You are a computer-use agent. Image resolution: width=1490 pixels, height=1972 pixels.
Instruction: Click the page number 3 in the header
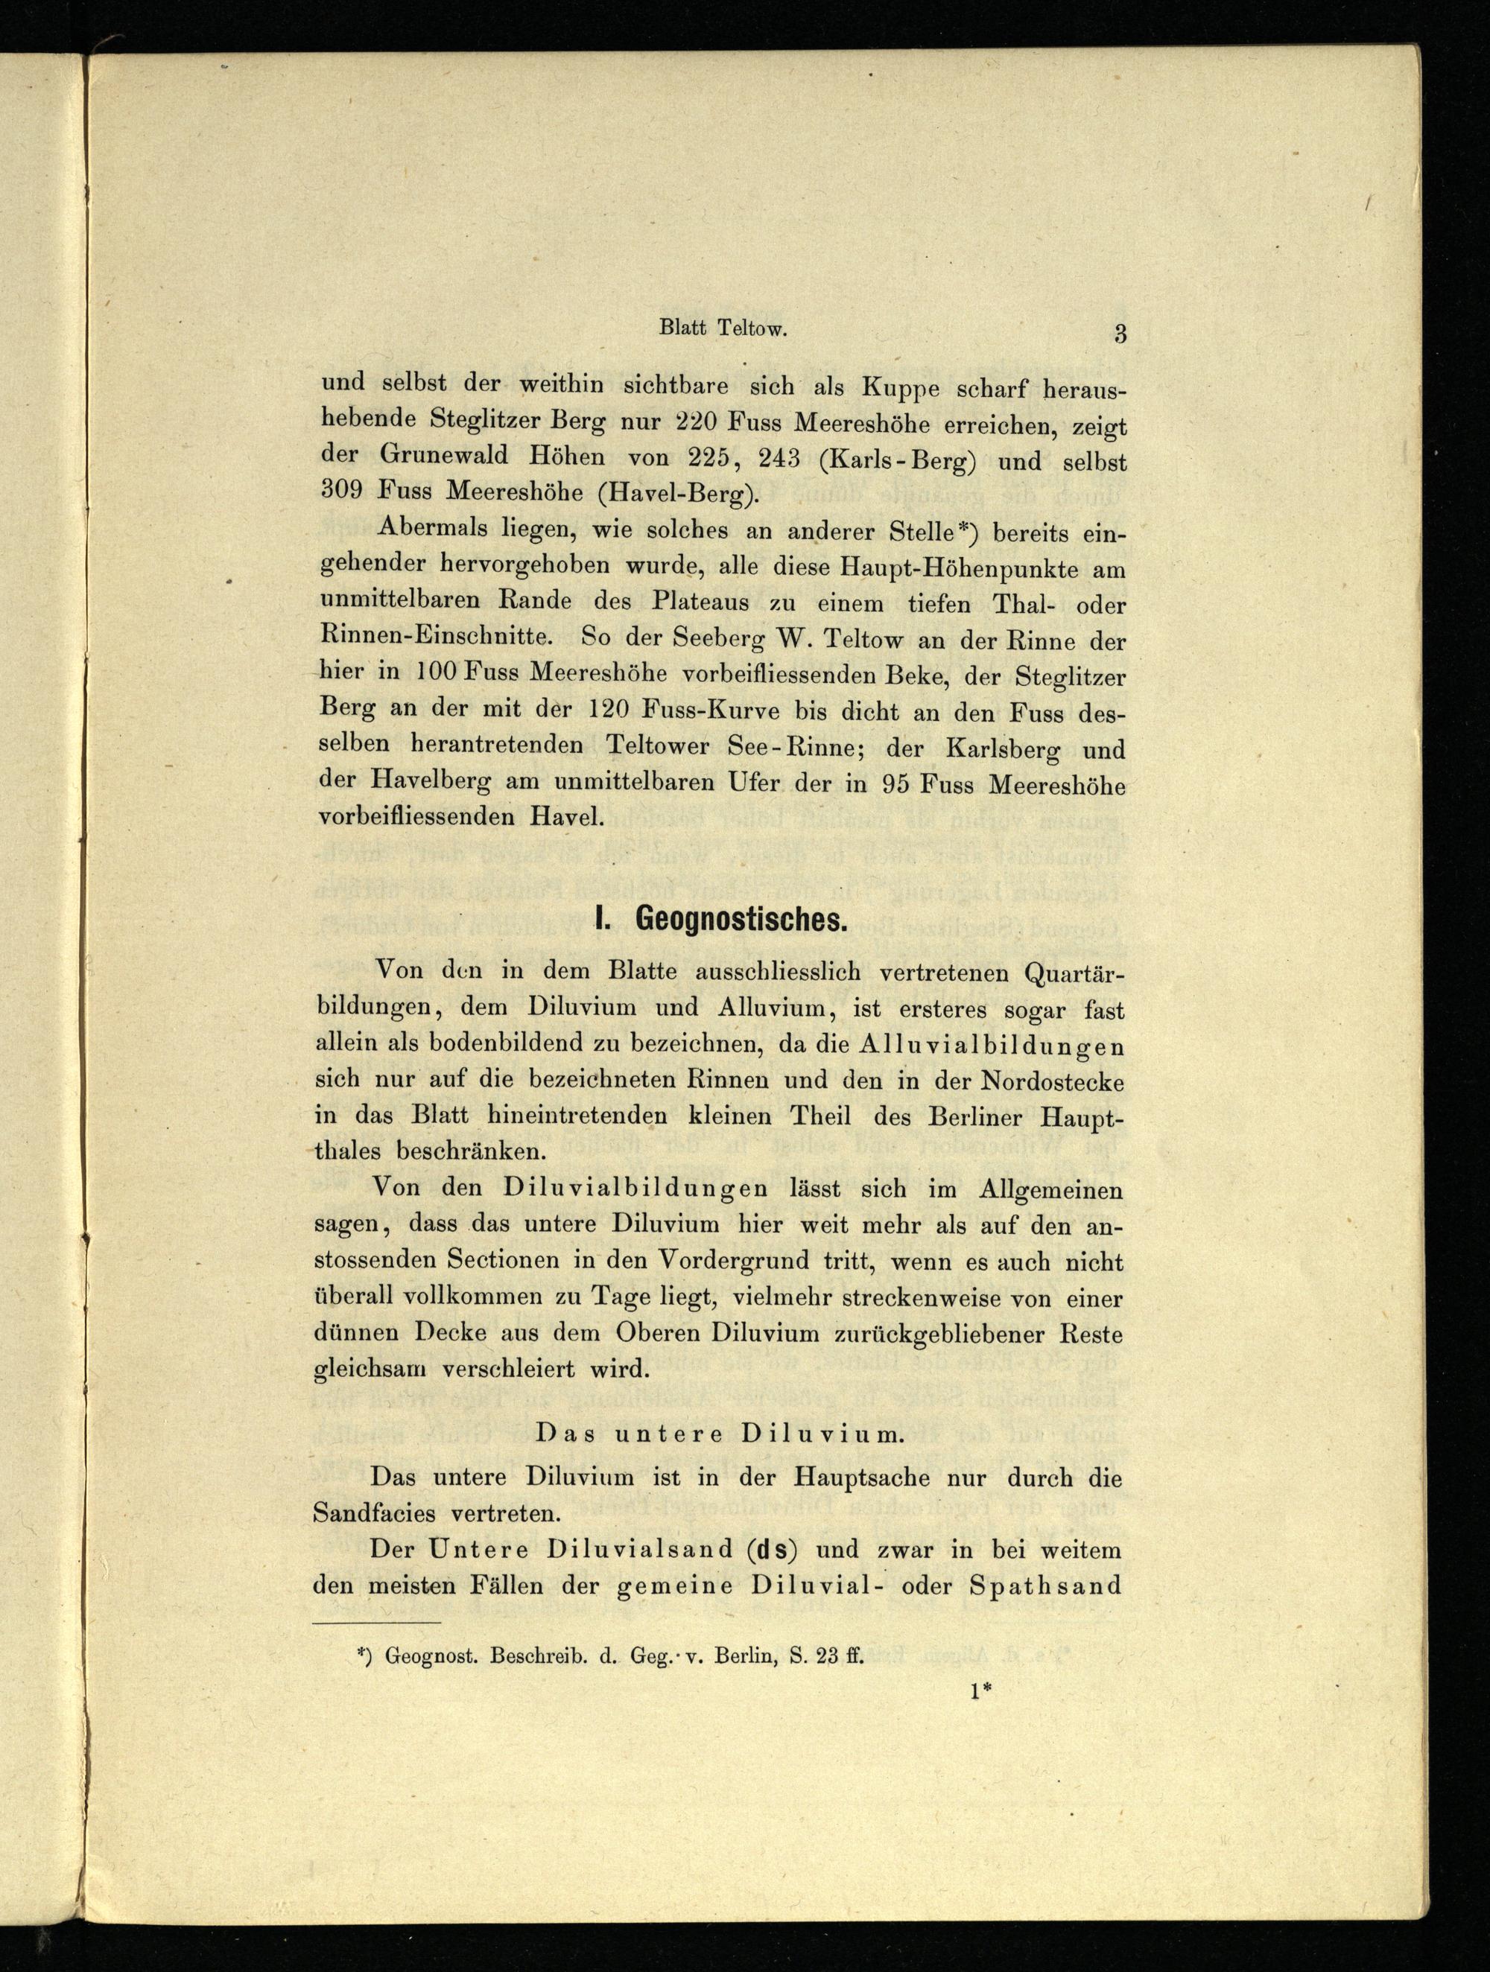point(1120,335)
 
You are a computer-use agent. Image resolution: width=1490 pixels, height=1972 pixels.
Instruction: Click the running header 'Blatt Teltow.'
point(723,328)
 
